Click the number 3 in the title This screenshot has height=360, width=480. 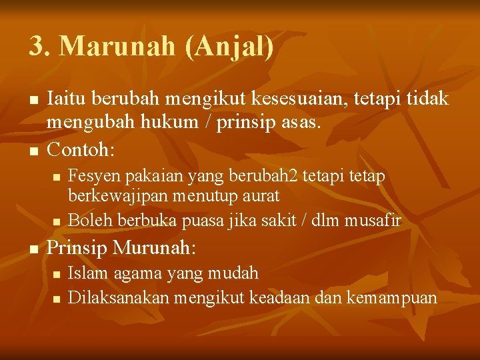[x=37, y=47]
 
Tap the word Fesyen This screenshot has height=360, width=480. [x=90, y=176]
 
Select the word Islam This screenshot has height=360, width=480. [x=85, y=273]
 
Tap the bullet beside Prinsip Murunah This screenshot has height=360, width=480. [x=34, y=249]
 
